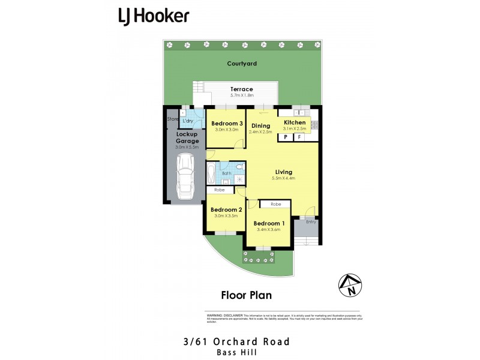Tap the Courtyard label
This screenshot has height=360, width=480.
pyautogui.click(x=242, y=64)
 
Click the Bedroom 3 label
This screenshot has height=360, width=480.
pyautogui.click(x=227, y=123)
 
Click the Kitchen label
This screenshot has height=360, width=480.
pyautogui.click(x=295, y=122)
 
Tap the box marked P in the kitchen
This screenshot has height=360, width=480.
pyautogui.click(x=286, y=137)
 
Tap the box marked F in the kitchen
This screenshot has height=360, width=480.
pyautogui.click(x=299, y=137)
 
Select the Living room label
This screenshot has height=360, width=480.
pyautogui.click(x=284, y=171)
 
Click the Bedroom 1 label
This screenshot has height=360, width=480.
pyautogui.click(x=268, y=223)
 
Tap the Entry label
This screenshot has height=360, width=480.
pyautogui.click(x=311, y=222)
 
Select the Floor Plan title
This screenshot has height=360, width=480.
pyautogui.click(x=247, y=295)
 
